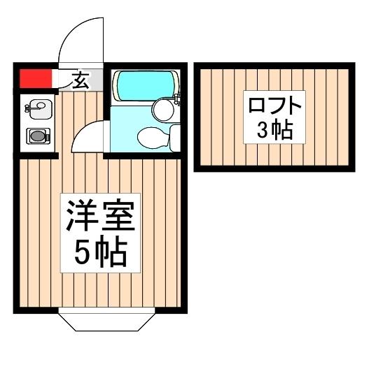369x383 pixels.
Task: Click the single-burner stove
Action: coord(36,136)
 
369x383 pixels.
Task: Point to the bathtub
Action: coord(142,85)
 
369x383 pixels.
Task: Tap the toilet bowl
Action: coord(150,138)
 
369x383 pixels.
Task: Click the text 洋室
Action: coord(99,215)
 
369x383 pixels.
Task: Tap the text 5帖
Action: coord(99,254)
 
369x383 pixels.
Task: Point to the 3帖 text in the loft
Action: coord(274,130)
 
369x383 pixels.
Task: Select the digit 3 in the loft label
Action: coord(263,131)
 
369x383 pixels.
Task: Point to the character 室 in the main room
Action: coord(116,215)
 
